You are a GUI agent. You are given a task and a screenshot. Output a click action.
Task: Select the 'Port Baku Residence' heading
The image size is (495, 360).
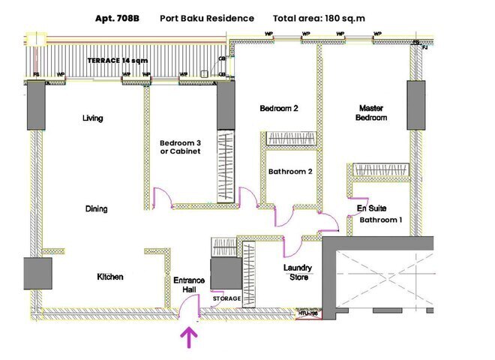tap(207, 18)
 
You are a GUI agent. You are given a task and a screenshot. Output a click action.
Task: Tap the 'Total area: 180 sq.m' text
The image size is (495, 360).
tap(319, 18)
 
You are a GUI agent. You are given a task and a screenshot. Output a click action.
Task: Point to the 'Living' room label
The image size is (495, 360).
tap(92, 118)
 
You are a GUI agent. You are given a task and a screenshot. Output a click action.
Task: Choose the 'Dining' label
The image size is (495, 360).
tap(96, 209)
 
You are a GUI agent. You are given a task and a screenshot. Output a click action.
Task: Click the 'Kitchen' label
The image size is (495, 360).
tap(110, 277)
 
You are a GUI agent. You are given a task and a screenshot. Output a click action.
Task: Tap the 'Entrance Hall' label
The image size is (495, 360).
tap(189, 285)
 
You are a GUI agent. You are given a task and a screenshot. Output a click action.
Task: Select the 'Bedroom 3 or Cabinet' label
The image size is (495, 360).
tap(181, 147)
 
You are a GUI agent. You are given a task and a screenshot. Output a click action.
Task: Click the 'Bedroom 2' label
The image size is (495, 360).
tap(279, 108)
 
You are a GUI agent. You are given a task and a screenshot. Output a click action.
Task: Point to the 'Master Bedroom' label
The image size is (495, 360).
tap(372, 112)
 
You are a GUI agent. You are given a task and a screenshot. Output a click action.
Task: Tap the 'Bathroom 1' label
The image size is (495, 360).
tap(381, 220)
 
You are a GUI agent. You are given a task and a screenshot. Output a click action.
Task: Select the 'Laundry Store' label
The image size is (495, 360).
tap(297, 272)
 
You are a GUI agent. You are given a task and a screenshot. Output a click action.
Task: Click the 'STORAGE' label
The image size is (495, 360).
tap(226, 299)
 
